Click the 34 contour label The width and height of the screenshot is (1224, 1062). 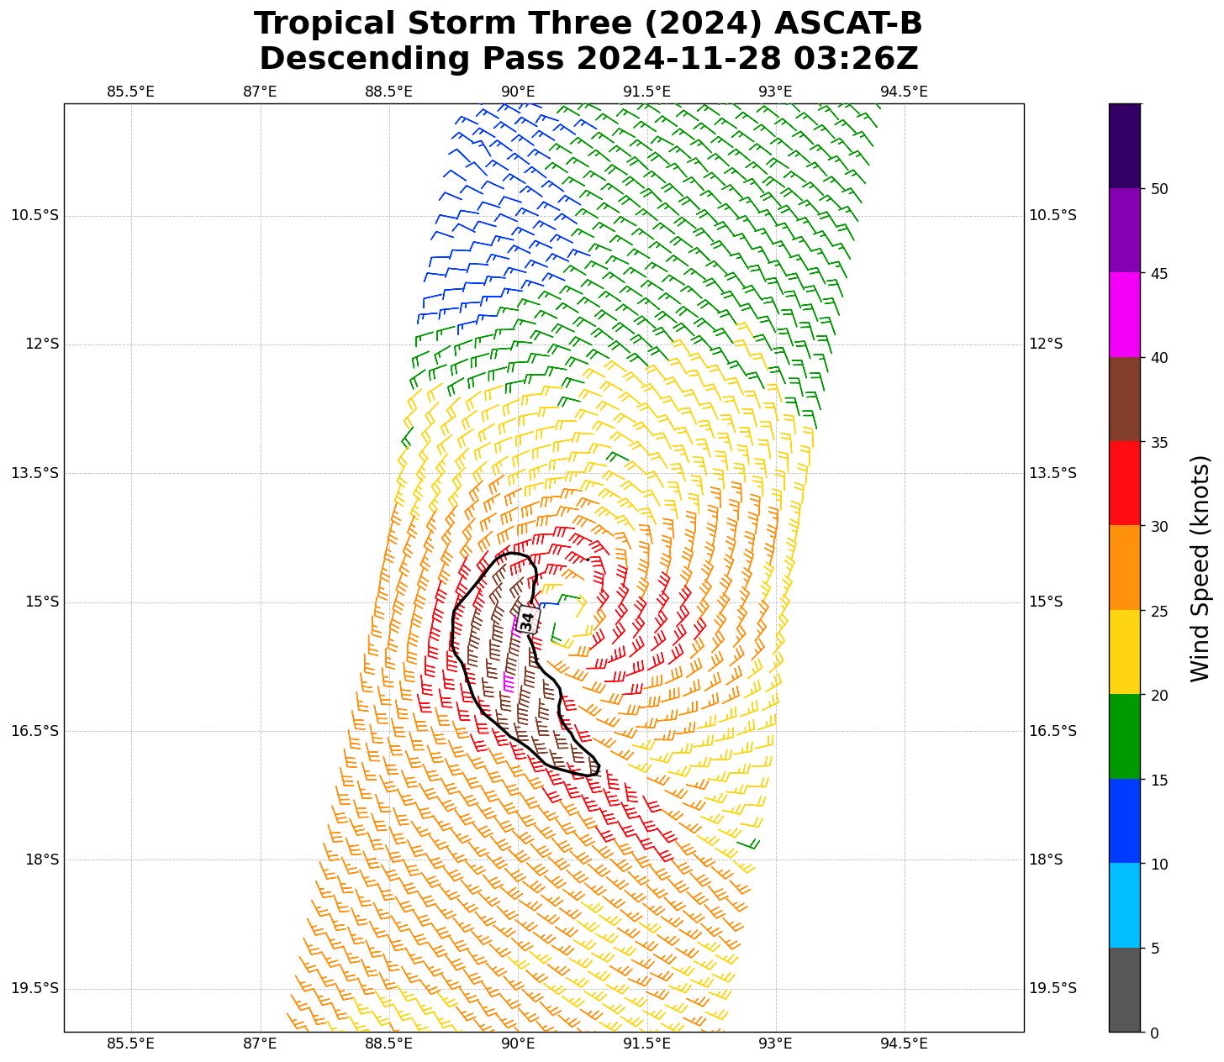(527, 621)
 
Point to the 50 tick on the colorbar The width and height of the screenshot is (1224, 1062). (1160, 189)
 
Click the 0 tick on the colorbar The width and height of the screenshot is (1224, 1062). (1153, 1033)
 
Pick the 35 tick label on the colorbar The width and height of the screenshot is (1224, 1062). (1160, 442)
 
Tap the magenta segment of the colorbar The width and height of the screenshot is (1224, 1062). (1125, 315)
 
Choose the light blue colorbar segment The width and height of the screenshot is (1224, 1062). (1125, 905)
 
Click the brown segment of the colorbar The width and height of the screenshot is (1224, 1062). (1125, 399)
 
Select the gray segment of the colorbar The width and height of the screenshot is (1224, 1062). (1125, 990)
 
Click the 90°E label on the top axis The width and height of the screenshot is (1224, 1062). (518, 92)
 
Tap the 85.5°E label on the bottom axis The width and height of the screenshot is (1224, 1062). (131, 1044)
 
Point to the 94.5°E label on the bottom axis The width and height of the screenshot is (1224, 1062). (904, 1044)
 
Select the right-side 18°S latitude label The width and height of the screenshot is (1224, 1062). (1046, 860)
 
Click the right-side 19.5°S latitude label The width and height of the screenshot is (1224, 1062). (1053, 988)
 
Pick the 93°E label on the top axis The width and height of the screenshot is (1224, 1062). (775, 92)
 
